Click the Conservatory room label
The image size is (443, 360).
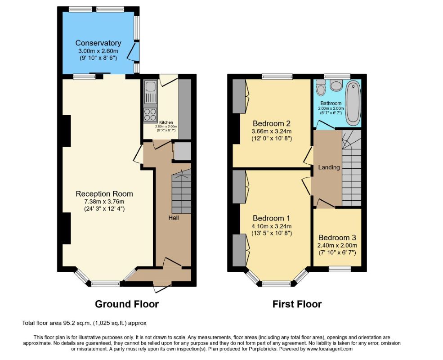[98, 43]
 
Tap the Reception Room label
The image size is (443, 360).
[104, 194]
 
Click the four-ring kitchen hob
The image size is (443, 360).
[150, 115]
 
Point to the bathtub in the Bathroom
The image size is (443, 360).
[353, 103]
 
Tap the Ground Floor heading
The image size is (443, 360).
[127, 304]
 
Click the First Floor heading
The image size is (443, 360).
[297, 304]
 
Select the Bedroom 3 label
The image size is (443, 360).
[337, 238]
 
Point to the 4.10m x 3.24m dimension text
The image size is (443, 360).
[272, 226]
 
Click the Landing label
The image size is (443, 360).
[329, 167]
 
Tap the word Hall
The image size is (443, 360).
[174, 218]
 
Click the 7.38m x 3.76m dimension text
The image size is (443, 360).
[104, 202]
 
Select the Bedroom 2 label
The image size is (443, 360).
[272, 123]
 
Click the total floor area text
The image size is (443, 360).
[85, 323]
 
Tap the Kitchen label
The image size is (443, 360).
[166, 122]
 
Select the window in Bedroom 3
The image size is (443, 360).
[340, 269]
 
